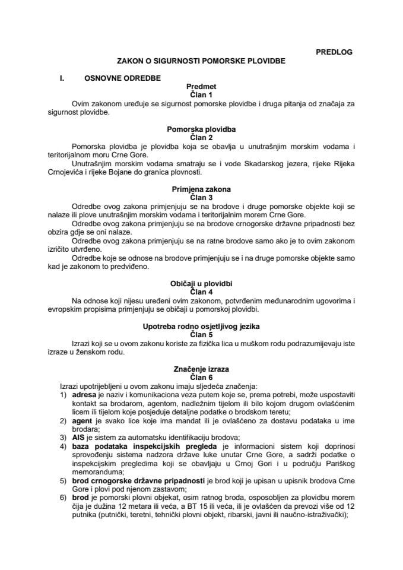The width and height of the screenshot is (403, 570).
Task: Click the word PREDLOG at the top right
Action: pos(334,52)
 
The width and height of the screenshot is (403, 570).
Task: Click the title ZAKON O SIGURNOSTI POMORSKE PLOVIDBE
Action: pos(201,61)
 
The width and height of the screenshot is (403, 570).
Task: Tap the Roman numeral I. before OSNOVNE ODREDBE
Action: pos(61,77)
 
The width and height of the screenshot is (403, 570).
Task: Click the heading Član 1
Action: pos(201,94)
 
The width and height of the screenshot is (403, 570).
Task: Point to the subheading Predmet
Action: pos(201,86)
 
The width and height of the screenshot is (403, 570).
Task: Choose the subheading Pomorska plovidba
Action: pos(201,128)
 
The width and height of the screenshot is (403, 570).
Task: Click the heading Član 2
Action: pos(201,136)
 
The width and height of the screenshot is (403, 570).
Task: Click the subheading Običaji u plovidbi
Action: pos(201,286)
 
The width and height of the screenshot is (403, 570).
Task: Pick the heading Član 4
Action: pos(201,293)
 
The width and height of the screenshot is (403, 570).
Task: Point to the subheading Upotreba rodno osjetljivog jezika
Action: pos(201,327)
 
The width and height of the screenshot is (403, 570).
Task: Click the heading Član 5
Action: pos(201,335)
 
